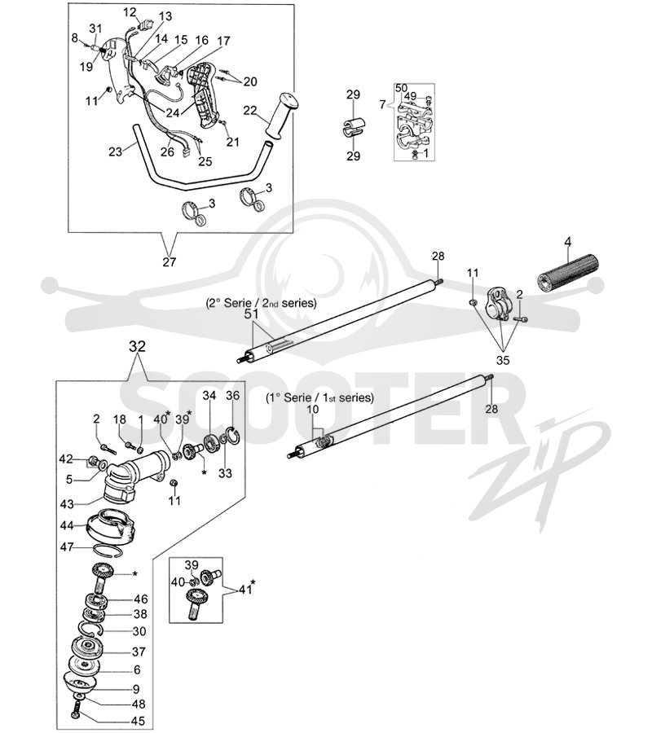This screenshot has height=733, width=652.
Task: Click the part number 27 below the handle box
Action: click(x=169, y=261)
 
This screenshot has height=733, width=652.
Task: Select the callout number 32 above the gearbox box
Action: click(x=137, y=346)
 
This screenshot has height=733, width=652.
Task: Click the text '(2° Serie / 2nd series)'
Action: click(x=261, y=303)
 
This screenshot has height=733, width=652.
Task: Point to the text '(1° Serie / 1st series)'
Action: click(x=320, y=397)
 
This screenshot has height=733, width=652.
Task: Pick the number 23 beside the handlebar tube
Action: click(x=115, y=151)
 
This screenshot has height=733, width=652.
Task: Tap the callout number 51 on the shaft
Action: click(x=251, y=314)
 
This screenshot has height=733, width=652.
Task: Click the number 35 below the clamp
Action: click(x=503, y=360)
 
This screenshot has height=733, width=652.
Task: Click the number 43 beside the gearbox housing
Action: click(x=67, y=504)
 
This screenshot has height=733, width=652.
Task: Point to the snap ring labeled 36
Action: click(x=232, y=434)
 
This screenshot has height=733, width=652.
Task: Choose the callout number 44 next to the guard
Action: click(x=67, y=525)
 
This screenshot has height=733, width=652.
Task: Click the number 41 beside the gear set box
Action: click(x=245, y=589)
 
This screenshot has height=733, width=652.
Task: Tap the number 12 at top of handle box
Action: click(x=130, y=12)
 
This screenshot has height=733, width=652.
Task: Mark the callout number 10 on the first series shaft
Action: click(x=312, y=410)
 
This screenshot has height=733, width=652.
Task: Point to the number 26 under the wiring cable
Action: click(x=167, y=152)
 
